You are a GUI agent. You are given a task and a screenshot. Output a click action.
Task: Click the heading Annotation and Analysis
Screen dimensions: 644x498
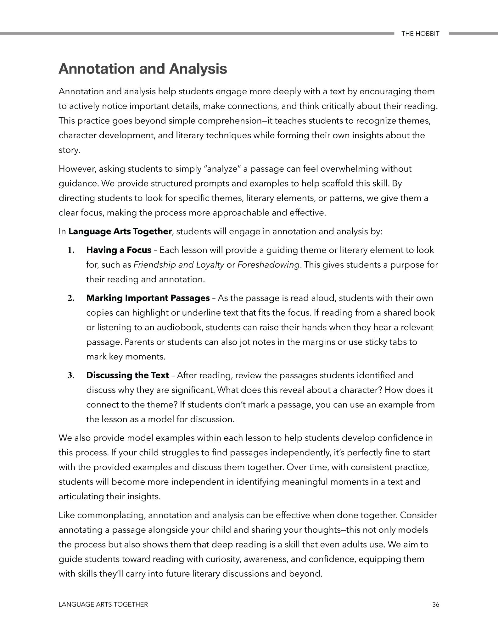[x=143, y=69]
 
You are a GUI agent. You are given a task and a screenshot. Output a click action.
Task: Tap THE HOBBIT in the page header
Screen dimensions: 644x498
[x=420, y=34]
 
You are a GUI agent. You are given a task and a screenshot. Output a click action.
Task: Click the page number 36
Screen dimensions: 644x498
[x=435, y=604]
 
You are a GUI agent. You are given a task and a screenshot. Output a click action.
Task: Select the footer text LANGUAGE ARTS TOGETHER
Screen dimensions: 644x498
[x=103, y=604]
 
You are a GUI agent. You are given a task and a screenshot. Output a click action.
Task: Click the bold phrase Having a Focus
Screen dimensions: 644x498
[x=119, y=250]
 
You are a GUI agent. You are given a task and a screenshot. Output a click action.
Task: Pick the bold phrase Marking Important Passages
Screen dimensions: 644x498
[x=148, y=298]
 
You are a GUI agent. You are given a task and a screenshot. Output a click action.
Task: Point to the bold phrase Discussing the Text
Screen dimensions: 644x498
[x=127, y=375]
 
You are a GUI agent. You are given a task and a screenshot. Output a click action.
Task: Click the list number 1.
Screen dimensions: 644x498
[x=71, y=250]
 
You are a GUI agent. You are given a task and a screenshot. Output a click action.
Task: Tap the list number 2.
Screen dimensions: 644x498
[x=71, y=298]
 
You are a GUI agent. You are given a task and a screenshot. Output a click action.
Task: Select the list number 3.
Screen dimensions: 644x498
[x=71, y=375]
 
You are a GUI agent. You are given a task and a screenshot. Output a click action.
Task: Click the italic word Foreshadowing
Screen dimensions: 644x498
[x=268, y=265]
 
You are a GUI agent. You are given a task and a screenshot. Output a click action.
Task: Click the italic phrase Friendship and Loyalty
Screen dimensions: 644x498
[x=179, y=265]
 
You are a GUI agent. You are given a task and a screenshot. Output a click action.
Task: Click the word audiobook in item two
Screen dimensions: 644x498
[x=178, y=327]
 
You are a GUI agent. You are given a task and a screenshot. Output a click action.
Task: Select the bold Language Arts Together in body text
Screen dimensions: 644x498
[x=120, y=231]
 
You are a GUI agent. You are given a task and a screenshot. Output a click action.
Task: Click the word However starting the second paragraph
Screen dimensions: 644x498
[x=77, y=169]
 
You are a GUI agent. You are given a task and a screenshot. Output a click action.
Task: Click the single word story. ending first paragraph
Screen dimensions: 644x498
[x=69, y=150]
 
